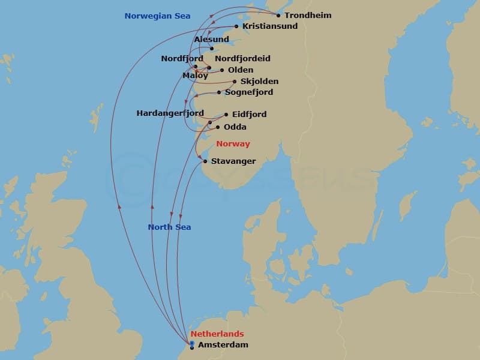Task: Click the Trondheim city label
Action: (x=308, y=16)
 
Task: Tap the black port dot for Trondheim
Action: (x=278, y=16)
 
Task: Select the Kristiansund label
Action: (x=270, y=26)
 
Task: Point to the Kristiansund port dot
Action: (x=236, y=26)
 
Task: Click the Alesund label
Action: (x=212, y=40)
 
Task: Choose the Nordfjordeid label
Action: (x=242, y=59)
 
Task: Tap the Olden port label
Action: (x=241, y=70)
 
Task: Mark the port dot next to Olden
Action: (x=222, y=70)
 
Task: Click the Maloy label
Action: (x=195, y=76)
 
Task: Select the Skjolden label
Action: (x=259, y=82)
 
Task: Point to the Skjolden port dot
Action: (x=235, y=82)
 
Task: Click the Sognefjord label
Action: (x=249, y=92)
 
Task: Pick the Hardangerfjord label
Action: (x=170, y=113)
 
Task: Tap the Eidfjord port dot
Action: (x=226, y=115)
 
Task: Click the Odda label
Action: (x=235, y=127)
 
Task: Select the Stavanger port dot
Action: (x=206, y=161)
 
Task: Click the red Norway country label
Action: (x=233, y=144)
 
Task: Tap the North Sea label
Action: (x=169, y=227)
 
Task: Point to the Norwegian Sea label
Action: (x=157, y=16)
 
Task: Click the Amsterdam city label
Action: (x=223, y=345)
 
